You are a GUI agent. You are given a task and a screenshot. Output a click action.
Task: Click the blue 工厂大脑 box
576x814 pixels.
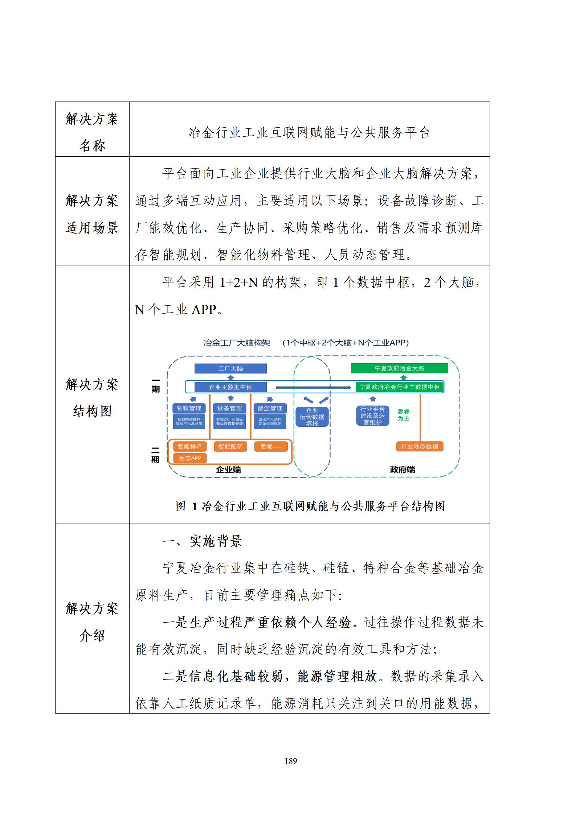coord(230,368)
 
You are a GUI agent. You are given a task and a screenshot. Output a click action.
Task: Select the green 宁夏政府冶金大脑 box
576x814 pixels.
coord(399,368)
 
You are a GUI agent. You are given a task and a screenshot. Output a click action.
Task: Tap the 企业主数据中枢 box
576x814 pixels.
coord(230,387)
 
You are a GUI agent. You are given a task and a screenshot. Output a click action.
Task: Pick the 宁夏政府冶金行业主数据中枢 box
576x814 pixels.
coord(399,387)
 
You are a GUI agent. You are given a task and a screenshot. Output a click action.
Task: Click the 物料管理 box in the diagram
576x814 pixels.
coord(189,408)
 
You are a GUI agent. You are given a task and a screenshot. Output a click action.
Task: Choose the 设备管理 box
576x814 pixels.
coord(229,408)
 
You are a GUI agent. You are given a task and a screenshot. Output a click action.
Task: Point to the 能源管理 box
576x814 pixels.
coord(270,408)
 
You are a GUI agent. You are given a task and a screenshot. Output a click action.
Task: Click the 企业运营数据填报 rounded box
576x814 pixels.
coord(312,417)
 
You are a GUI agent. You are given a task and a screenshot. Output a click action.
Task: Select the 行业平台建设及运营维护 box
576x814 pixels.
coord(372,416)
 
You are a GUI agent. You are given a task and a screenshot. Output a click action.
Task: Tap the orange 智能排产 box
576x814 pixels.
coord(190,446)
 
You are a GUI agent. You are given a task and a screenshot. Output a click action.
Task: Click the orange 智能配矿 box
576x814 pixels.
coord(230,446)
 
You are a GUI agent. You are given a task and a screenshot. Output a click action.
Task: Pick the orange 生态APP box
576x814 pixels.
coord(190,458)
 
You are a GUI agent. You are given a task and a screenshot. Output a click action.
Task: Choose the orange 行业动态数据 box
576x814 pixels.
coord(420,446)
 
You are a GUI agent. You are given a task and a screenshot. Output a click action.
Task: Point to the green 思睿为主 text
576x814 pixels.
coord(404,415)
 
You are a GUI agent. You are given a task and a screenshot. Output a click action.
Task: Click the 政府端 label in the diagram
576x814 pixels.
coord(402,470)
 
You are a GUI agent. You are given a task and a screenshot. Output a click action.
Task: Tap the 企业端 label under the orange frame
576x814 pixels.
coord(228,470)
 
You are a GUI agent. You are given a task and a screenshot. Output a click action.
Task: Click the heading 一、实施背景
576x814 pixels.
coord(202,541)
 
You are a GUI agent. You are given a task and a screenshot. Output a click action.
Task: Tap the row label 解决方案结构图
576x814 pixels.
coord(92,398)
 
